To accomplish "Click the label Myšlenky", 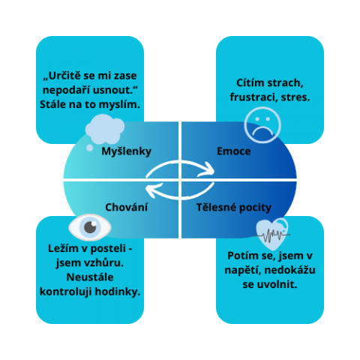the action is click(126, 151).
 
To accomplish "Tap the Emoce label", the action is click(234, 151).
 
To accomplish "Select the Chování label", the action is click(126, 207).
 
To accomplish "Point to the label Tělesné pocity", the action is click(234, 208).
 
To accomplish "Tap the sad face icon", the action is click(262, 125).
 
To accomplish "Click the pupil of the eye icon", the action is click(90, 227).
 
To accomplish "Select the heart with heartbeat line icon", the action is click(272, 234).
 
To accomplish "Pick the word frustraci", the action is click(253, 97).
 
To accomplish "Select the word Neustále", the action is click(90, 277).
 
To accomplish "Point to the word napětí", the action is click(242, 271).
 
